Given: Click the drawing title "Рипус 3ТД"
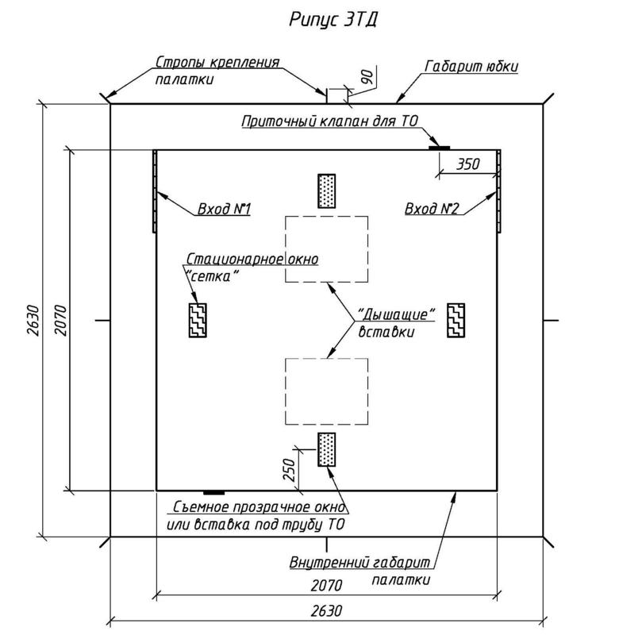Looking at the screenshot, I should tap(332, 19).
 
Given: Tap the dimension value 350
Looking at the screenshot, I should tap(469, 164).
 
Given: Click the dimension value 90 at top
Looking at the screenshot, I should tap(366, 78).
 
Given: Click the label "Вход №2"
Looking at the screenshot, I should tap(432, 210).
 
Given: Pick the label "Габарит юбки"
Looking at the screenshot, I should tap(471, 67).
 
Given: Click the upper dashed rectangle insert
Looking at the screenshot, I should tap(327, 249).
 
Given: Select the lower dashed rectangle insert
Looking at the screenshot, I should tap(327, 392).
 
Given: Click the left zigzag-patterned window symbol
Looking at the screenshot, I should tap(198, 320).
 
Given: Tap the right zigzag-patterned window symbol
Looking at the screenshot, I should tap(456, 320).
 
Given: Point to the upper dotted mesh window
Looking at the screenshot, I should tap(326, 191).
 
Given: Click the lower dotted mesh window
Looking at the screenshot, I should tap(326, 450).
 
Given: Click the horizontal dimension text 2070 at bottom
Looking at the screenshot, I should tap(326, 586).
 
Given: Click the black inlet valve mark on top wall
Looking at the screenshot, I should tap(439, 148).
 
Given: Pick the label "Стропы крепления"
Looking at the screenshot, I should tap(217, 62).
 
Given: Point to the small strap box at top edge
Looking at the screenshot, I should tap(336, 95).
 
